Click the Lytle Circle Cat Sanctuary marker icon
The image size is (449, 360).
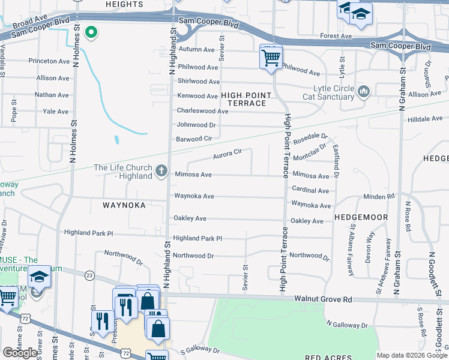point(363,91)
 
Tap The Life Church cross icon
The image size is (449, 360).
point(161,172)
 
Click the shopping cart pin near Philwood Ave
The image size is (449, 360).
point(271,58)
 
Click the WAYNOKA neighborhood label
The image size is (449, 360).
point(124,205)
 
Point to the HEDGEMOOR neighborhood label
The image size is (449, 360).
point(361,216)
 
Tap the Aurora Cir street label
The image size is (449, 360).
point(227,154)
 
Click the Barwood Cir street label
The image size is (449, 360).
point(194,139)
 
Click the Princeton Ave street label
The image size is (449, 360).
point(50,61)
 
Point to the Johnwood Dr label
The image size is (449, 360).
point(196,125)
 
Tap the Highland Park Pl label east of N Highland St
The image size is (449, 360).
point(197,238)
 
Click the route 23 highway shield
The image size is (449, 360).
point(90,274)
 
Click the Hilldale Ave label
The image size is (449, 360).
point(425,119)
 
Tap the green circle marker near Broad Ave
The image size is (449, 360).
point(91,32)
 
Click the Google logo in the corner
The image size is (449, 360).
point(20,353)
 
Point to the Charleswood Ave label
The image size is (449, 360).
point(202,111)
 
